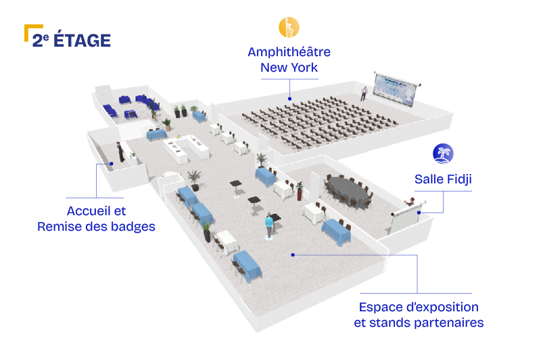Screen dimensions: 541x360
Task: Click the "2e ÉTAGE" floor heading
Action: tap(72, 40)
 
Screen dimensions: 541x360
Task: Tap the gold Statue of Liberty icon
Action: tap(289, 27)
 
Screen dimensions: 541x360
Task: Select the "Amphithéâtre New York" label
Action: tap(289, 60)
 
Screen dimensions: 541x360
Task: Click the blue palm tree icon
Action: tap(443, 154)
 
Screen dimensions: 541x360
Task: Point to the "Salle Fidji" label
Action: tap(443, 179)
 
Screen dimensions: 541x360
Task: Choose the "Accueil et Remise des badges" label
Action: tap(96, 219)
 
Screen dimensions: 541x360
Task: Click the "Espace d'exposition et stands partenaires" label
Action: tap(419, 315)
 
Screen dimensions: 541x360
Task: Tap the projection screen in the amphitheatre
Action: tap(396, 89)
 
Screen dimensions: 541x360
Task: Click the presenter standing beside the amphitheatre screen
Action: tap(364, 93)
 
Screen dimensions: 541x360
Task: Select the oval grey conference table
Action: tap(348, 191)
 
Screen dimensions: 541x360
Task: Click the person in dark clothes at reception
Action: tap(120, 152)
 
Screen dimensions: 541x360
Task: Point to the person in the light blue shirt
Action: tap(269, 225)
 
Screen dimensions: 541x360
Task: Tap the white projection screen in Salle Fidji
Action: tap(406, 218)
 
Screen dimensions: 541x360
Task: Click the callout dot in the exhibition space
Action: tap(293, 255)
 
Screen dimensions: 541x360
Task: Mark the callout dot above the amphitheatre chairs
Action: tap(289, 99)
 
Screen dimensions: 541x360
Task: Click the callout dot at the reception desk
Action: tap(112, 164)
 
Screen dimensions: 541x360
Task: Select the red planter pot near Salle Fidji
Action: tap(299, 194)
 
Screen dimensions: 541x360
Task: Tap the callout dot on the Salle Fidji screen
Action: tap(419, 212)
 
